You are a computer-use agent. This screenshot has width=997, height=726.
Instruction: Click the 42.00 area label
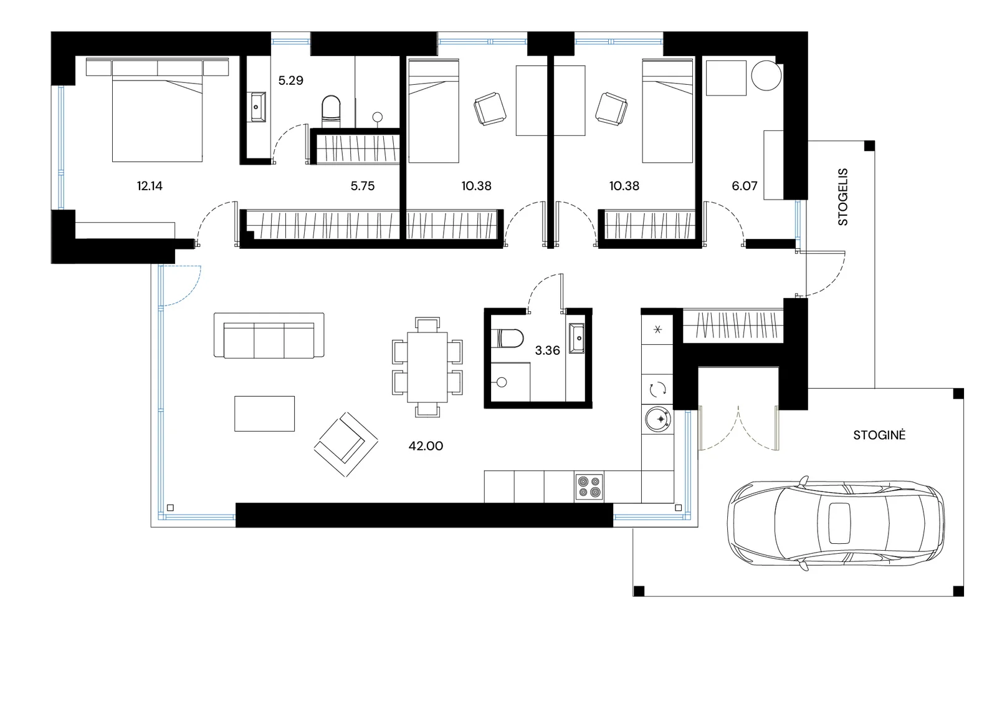(x=426, y=446)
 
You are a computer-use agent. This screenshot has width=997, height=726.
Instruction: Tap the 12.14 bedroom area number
(x=150, y=186)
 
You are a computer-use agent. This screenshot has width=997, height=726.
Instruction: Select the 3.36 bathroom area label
(x=548, y=351)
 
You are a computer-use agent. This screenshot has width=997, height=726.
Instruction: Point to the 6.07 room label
(x=745, y=186)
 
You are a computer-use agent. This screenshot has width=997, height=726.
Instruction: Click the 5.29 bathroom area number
(x=290, y=80)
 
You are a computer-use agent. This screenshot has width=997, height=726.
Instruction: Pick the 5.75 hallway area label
(x=363, y=186)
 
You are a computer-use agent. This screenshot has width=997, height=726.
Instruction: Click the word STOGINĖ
(x=879, y=435)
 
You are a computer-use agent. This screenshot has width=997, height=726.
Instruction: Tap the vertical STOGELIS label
(x=843, y=196)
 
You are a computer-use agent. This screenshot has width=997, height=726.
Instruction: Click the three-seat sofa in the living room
(x=269, y=335)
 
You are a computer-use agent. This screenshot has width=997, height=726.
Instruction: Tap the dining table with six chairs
(x=427, y=367)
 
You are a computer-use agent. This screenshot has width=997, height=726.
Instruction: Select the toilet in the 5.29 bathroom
(x=331, y=109)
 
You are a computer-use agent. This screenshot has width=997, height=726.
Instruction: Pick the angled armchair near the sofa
(x=346, y=444)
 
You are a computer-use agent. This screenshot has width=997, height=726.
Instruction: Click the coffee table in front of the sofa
(x=264, y=414)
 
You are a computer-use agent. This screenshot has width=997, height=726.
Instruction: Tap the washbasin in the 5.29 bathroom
(x=258, y=107)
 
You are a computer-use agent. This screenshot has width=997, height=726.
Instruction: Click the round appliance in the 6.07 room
(x=766, y=75)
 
